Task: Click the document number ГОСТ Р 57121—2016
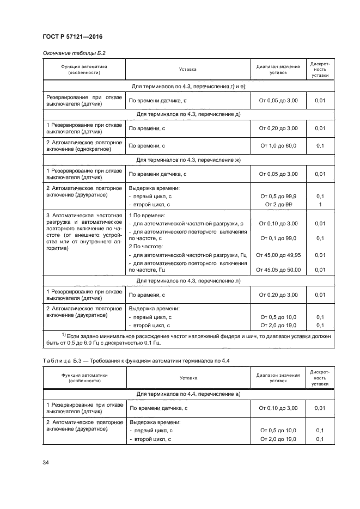[x=72, y=36]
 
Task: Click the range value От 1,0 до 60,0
[x=278, y=146]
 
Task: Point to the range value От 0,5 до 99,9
[x=278, y=196]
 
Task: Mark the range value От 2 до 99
[x=278, y=204]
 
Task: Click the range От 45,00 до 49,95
[x=278, y=255]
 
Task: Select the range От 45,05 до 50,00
[x=278, y=269]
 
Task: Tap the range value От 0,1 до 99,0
[x=278, y=238]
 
